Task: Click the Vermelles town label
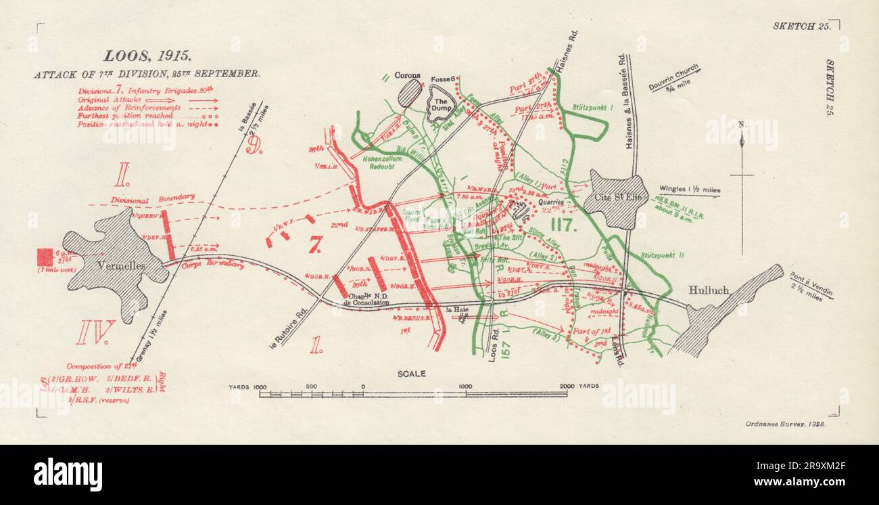point(122,267)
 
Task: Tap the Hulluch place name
point(709,290)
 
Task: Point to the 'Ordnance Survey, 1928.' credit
point(782,422)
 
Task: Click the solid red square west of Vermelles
point(45,257)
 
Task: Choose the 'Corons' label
point(408,76)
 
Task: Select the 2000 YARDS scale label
point(581,386)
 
